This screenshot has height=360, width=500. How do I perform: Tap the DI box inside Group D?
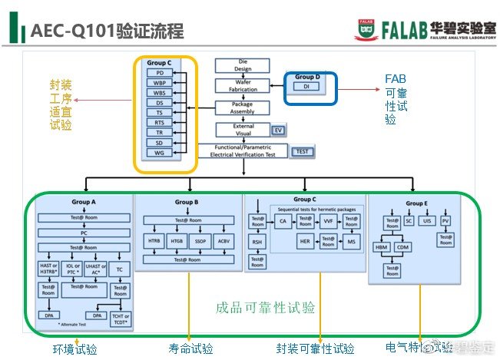pyautogui.click(x=306, y=88)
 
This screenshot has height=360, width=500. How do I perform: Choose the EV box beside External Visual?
pyautogui.click(x=278, y=130)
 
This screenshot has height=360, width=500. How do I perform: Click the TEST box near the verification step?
pyautogui.click(x=303, y=151)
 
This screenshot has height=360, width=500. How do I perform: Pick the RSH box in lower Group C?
pyautogui.click(x=257, y=242)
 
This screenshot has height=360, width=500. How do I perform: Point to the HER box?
pyautogui.click(x=306, y=241)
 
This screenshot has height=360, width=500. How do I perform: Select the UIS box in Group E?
pyautogui.click(x=428, y=221)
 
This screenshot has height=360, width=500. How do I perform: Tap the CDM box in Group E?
pyautogui.click(x=404, y=247)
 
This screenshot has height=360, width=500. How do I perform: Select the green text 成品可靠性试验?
pyautogui.click(x=265, y=309)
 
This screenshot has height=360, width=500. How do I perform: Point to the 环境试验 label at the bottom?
pyautogui.click(x=75, y=349)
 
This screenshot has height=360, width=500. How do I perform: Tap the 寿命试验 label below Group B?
pyautogui.click(x=191, y=349)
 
